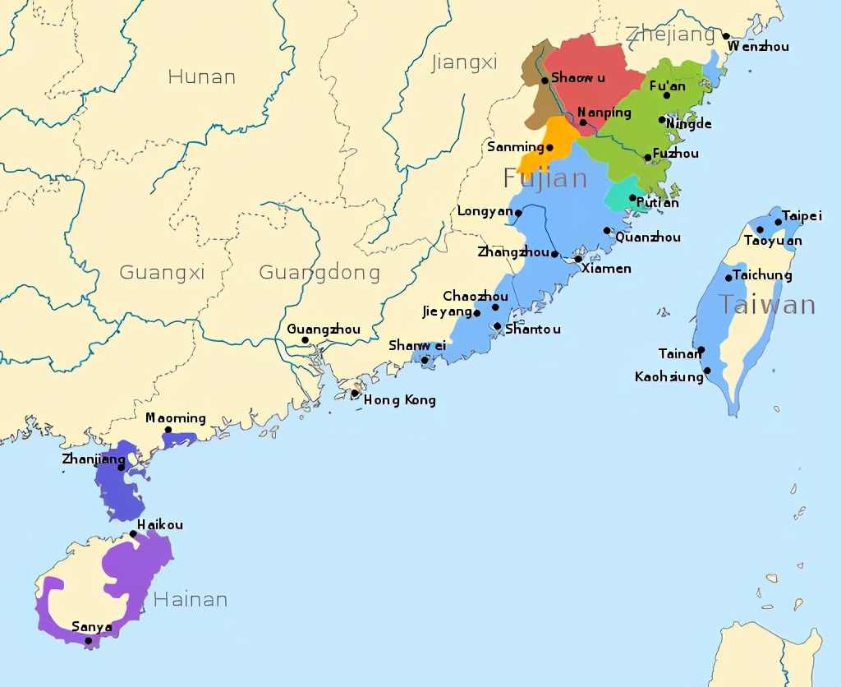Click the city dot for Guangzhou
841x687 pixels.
(x=305, y=340)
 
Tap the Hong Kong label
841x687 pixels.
(x=399, y=400)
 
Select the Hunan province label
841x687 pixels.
(x=201, y=77)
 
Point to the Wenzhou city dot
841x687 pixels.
(x=726, y=36)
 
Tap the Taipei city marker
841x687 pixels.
(x=779, y=222)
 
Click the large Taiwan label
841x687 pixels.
(x=767, y=305)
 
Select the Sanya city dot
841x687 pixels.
(x=89, y=640)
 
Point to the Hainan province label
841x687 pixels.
(x=190, y=599)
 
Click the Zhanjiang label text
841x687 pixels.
(x=93, y=459)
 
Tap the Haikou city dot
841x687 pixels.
(x=134, y=534)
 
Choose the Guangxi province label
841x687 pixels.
(x=162, y=272)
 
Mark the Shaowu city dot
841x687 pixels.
(x=545, y=81)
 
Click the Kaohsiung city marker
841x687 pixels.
(x=707, y=371)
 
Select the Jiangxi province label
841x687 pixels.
(x=464, y=62)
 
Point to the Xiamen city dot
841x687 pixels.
(x=578, y=259)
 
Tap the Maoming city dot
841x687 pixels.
(x=168, y=430)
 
